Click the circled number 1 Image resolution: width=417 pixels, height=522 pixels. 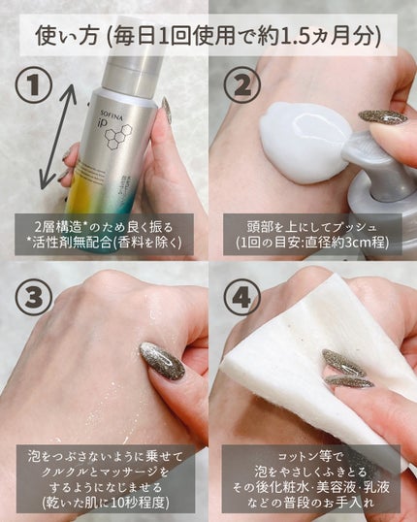34,87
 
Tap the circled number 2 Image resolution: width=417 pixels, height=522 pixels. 242,85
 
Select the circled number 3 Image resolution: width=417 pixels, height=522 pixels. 34,297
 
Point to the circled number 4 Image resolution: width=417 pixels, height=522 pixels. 241,297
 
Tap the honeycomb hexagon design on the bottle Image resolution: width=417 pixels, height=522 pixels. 119,137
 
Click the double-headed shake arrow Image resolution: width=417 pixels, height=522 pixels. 58,135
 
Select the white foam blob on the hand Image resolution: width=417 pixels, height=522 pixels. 305,142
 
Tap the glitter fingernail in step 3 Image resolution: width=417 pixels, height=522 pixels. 162,361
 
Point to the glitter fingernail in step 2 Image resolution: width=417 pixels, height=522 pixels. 383,117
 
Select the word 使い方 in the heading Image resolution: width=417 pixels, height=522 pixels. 67,36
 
